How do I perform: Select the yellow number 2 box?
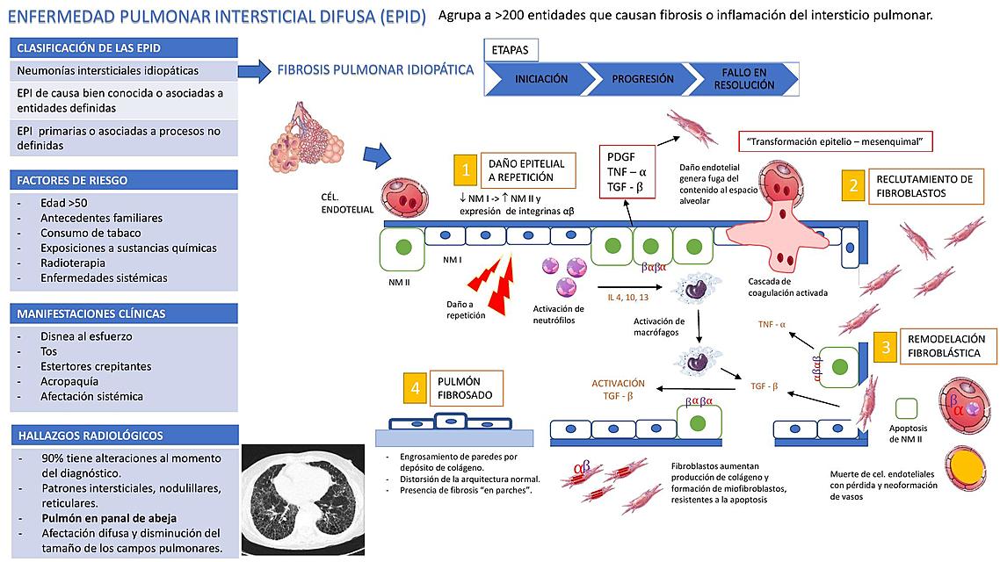852,185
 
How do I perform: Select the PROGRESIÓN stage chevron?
641,79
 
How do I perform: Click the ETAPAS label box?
511,50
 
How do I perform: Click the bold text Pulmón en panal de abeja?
109,518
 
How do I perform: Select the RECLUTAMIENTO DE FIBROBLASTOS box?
924,185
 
